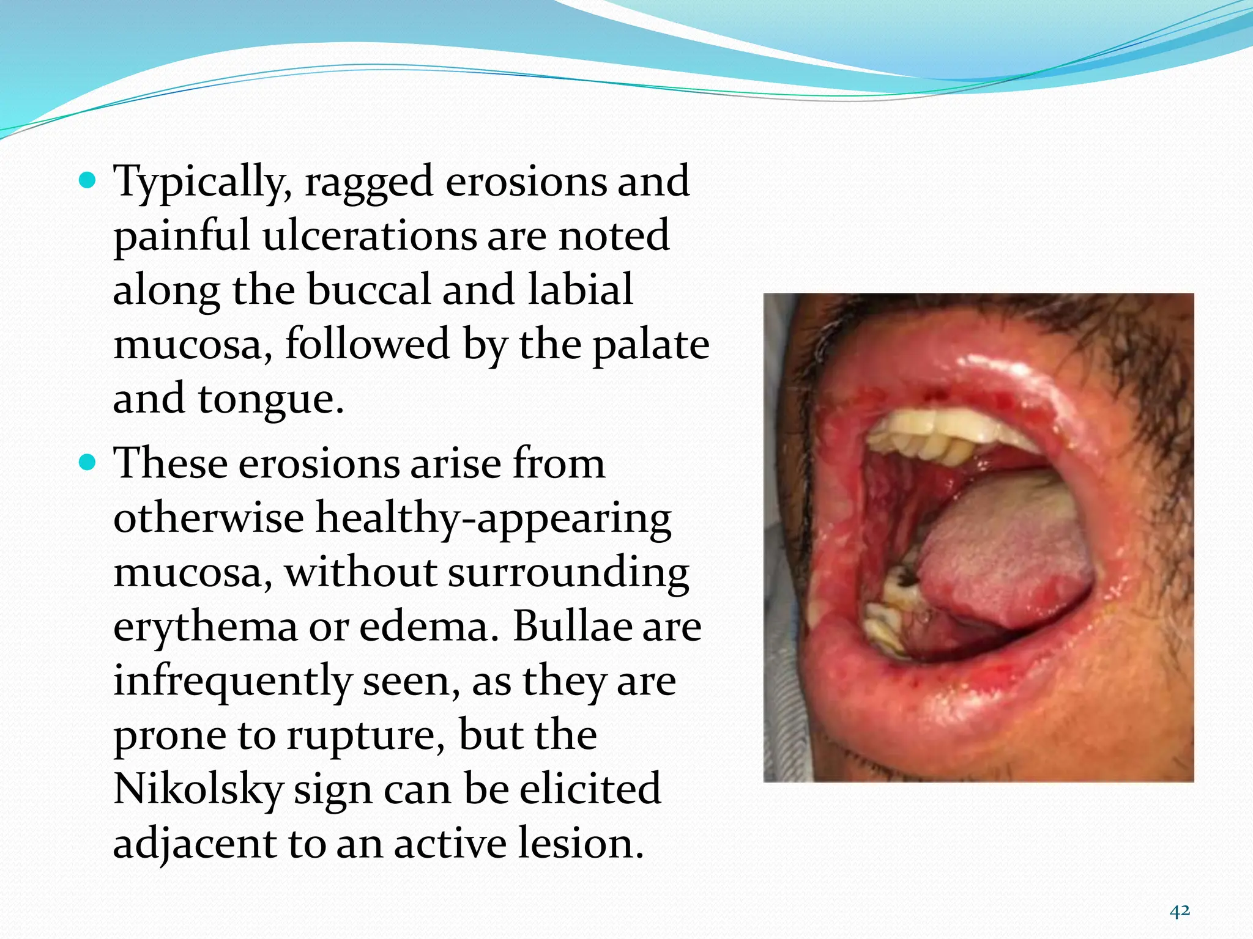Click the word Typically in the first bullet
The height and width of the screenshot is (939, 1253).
tap(203, 182)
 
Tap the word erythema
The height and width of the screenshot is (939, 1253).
tap(205, 628)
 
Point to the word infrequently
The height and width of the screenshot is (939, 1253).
tap(232, 682)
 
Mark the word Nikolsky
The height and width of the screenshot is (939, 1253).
tap(198, 789)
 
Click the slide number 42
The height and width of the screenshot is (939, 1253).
tap(1180, 911)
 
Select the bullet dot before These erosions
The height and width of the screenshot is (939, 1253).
tap(88, 463)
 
